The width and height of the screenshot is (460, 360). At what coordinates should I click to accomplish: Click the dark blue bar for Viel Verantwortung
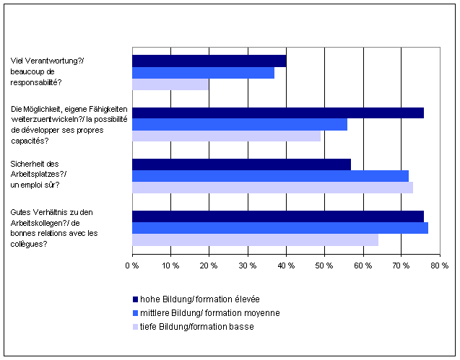click(x=209, y=61)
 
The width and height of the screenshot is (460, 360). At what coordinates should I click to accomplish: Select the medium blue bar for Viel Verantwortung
click(x=204, y=72)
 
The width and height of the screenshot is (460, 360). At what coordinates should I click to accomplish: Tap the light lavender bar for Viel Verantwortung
click(x=171, y=84)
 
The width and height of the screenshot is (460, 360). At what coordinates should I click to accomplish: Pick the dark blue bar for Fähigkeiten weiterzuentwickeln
click(x=278, y=113)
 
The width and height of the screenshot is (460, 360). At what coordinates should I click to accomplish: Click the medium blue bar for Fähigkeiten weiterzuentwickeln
click(x=240, y=124)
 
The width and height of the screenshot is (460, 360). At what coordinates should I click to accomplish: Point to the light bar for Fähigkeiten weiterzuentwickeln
click(x=227, y=136)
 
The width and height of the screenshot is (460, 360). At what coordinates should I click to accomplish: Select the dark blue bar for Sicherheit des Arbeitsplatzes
click(x=242, y=164)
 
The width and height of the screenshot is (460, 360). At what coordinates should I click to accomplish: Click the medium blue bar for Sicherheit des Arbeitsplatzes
click(x=271, y=176)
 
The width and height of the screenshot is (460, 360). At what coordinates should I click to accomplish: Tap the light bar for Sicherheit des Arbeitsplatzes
click(x=273, y=188)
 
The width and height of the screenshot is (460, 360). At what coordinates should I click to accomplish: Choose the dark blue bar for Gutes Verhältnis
click(x=278, y=216)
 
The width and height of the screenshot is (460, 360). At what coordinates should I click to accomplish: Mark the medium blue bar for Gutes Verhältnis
click(x=280, y=228)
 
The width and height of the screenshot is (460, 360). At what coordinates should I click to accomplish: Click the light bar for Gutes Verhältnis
click(x=256, y=240)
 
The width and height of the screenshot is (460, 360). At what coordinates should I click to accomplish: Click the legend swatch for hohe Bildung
click(x=134, y=299)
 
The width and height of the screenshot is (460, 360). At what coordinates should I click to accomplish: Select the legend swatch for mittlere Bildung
click(x=134, y=312)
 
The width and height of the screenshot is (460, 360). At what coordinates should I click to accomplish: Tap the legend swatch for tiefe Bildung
click(x=134, y=327)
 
